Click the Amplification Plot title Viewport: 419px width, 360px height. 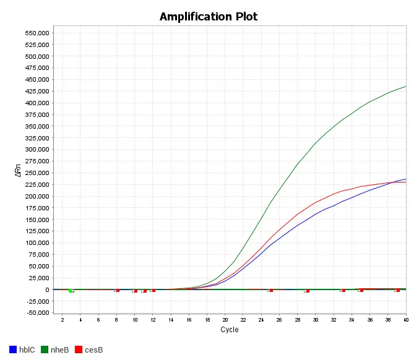point(209,16)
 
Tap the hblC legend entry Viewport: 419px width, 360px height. point(27,350)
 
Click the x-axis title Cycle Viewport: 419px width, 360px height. point(229,330)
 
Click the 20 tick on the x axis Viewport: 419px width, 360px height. point(225,320)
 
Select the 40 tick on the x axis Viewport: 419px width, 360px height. point(406,320)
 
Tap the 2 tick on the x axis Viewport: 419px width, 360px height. point(62,320)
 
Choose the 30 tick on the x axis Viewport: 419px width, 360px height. point(316,320)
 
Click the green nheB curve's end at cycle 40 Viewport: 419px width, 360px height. point(405,87)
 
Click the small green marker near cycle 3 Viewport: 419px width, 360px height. point(71,291)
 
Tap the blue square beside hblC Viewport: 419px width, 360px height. point(13,350)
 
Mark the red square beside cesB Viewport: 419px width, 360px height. point(78,350)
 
